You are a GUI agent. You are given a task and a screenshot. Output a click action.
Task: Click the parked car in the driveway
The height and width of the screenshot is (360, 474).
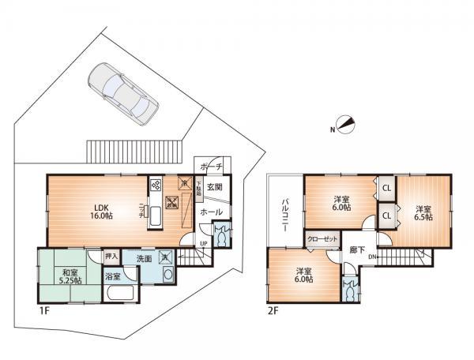tap(123, 90)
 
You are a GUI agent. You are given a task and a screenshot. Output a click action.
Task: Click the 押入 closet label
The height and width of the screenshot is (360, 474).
tap(111, 257)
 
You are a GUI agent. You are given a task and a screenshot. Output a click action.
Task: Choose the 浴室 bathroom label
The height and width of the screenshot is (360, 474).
tap(112, 276)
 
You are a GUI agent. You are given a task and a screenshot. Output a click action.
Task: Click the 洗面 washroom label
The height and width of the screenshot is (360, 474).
tap(143, 257)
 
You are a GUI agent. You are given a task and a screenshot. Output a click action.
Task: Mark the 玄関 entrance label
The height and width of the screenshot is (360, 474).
tap(213, 187)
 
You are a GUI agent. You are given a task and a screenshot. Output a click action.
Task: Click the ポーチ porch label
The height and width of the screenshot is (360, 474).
tap(210, 166)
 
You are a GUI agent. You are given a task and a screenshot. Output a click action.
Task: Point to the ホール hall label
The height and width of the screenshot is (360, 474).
tap(211, 212)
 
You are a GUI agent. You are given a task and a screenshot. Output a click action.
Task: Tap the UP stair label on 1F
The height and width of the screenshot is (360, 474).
tap(202, 242)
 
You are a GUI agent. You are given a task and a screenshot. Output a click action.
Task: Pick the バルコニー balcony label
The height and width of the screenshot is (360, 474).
tap(284, 211)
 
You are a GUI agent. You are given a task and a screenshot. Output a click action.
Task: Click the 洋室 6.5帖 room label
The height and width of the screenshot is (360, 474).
tap(423, 212)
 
